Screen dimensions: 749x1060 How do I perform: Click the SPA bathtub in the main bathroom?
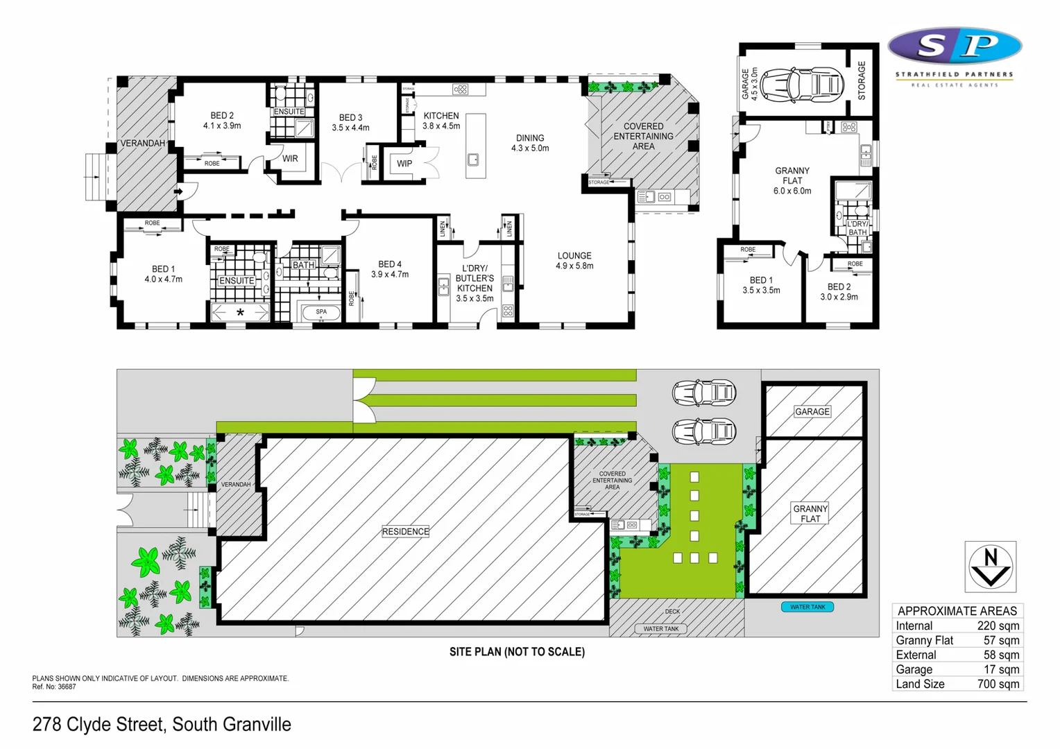(x=321, y=313)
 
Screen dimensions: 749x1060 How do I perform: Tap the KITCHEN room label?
(x=441, y=116)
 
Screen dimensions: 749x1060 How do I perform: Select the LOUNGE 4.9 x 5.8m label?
(x=574, y=261)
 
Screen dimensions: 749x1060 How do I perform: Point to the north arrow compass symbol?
(x=991, y=567)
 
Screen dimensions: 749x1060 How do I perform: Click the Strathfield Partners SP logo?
(x=955, y=46)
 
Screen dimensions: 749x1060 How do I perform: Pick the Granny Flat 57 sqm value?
(x=1001, y=640)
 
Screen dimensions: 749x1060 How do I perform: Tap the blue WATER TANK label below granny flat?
(x=807, y=607)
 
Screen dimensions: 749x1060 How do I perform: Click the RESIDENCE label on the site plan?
(x=406, y=531)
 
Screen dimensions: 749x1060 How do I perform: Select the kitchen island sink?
(x=473, y=160)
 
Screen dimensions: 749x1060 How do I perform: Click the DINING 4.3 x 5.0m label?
(x=530, y=143)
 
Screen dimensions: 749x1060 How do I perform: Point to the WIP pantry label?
(x=404, y=164)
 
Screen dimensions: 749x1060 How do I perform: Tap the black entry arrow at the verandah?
(x=178, y=191)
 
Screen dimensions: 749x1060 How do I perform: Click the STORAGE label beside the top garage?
(x=862, y=80)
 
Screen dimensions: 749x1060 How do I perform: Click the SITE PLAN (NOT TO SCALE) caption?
(x=517, y=652)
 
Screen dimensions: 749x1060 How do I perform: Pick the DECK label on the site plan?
(x=672, y=612)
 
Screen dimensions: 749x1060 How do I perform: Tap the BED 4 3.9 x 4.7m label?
(x=390, y=269)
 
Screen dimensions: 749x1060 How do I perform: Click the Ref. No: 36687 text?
(x=54, y=687)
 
